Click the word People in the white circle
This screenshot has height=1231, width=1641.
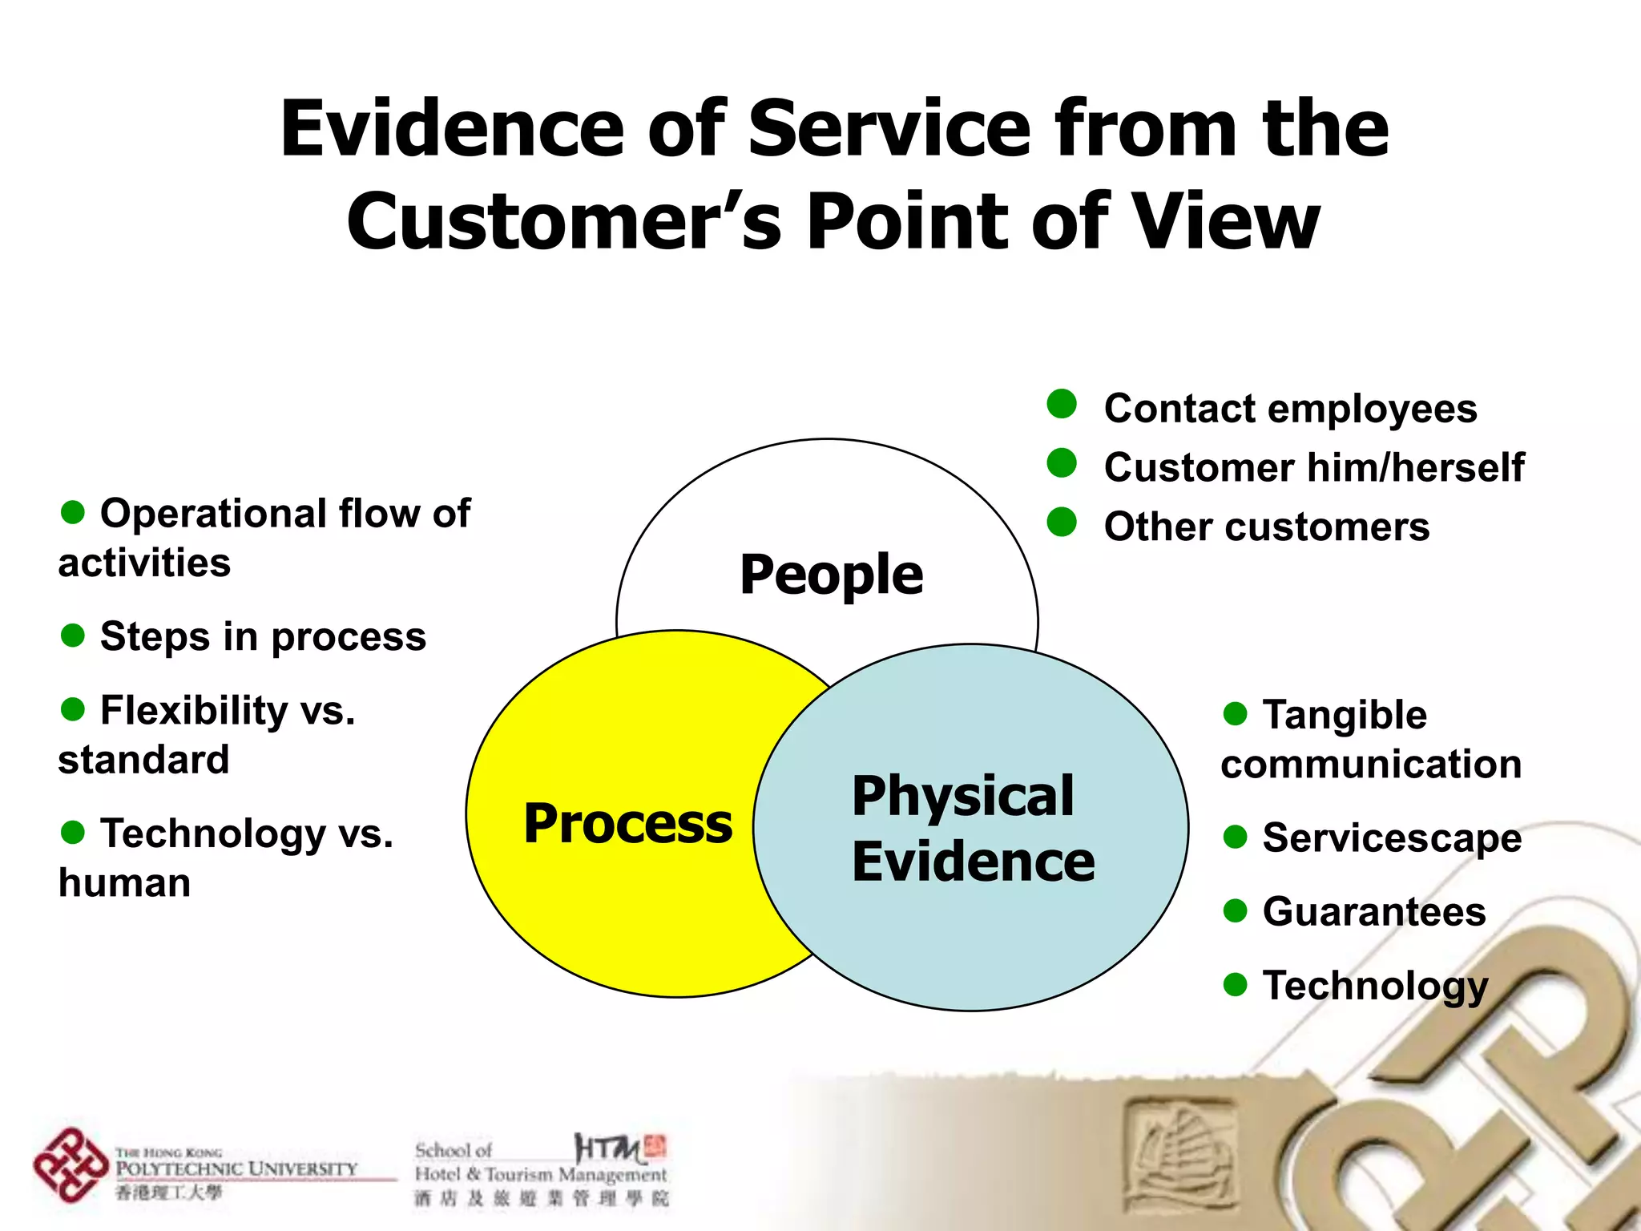point(831,575)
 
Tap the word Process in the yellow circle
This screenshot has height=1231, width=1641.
point(627,823)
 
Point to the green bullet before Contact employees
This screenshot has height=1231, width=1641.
point(1062,404)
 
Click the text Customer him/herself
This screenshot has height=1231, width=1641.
point(1313,467)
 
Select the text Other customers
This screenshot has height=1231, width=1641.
point(1266,527)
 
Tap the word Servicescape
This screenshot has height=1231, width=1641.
point(1392,838)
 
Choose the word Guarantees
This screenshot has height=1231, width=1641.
point(1374,911)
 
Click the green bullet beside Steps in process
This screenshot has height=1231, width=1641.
point(73,636)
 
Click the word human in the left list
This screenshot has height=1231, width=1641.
point(124,882)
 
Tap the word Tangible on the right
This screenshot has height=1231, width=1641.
point(1345,715)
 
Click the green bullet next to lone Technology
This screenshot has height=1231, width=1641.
point(1235,984)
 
